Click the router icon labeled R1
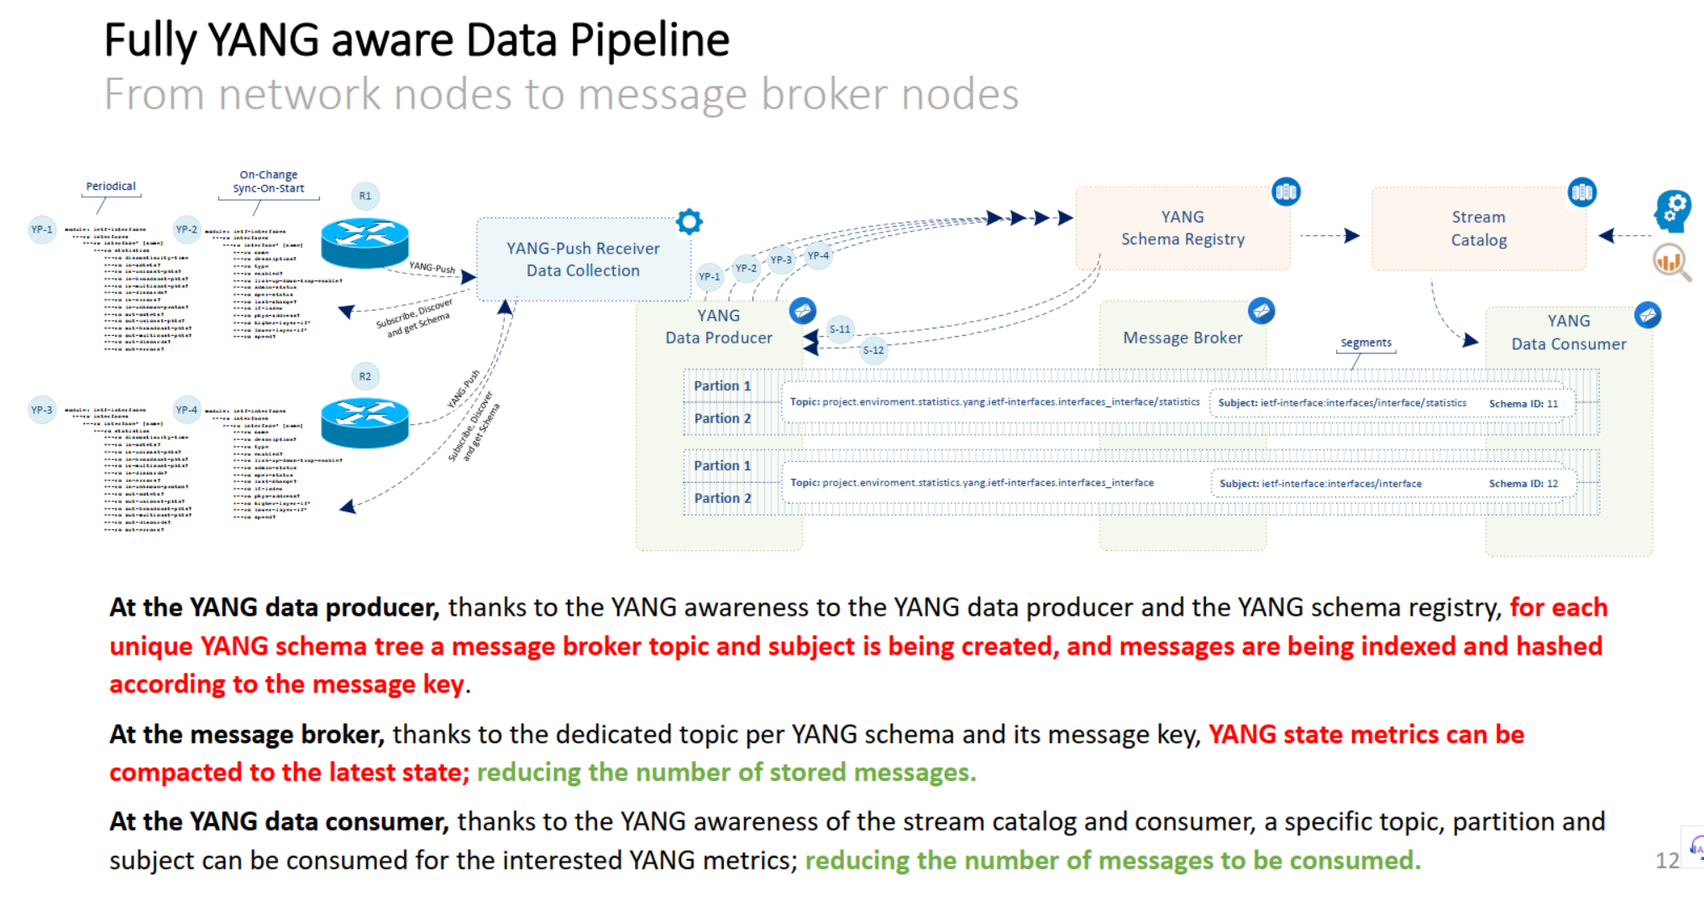pos(364,243)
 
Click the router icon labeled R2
pos(364,422)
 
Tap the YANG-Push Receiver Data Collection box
pos(583,260)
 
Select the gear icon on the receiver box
pos(689,222)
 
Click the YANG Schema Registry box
pos(1182,228)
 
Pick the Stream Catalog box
pos(1478,228)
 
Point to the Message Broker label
pos(1182,338)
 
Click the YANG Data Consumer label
pos(1568,333)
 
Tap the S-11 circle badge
pos(840,329)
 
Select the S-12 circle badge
pos(873,350)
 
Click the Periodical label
pos(111,186)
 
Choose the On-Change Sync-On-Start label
pos(269,181)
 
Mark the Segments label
pos(1366,343)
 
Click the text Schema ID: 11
pos(1523,404)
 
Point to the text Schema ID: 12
pos(1523,484)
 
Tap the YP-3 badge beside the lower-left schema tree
pos(42,410)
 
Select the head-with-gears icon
pos(1672,210)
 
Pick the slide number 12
pos(1666,860)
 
